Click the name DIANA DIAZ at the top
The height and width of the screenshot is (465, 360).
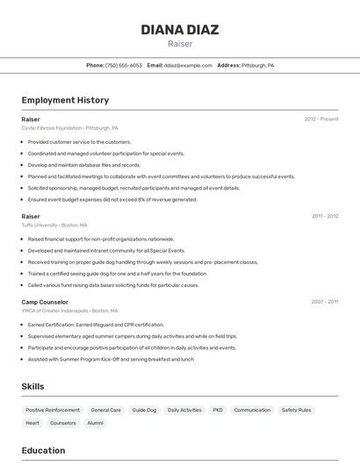pos(179,30)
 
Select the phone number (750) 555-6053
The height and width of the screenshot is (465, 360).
pos(123,65)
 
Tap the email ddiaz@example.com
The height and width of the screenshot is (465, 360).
pos(188,65)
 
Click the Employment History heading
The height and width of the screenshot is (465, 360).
pos(65,100)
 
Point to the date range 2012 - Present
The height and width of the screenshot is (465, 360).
pos(320,118)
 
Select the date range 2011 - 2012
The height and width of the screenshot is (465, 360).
pos(324,216)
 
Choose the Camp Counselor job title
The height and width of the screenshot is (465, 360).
pos(44,302)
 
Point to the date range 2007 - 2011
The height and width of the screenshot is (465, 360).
pos(324,302)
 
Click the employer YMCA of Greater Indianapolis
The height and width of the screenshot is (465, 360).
pos(55,311)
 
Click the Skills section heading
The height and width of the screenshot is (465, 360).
pos(33,386)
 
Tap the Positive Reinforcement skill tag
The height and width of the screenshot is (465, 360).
pos(53,410)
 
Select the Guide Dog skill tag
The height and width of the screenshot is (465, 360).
pos(144,410)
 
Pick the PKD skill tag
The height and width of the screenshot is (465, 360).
pos(218,410)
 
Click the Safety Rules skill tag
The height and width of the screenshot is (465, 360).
pos(296,410)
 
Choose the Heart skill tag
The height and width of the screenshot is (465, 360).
pos(32,423)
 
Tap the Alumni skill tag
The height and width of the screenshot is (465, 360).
pos(95,423)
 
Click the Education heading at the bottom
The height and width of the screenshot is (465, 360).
pos(44,450)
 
